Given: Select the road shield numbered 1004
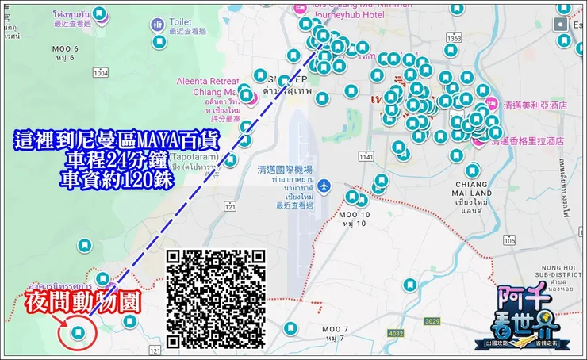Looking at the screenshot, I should point(100,73).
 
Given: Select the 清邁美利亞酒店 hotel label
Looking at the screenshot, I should point(535,105).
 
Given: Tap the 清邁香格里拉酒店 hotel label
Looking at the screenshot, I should point(528,140).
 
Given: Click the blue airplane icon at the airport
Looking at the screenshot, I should point(324,186).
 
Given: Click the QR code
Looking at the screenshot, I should point(216,298).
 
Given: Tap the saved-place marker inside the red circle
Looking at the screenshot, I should point(78,333).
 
